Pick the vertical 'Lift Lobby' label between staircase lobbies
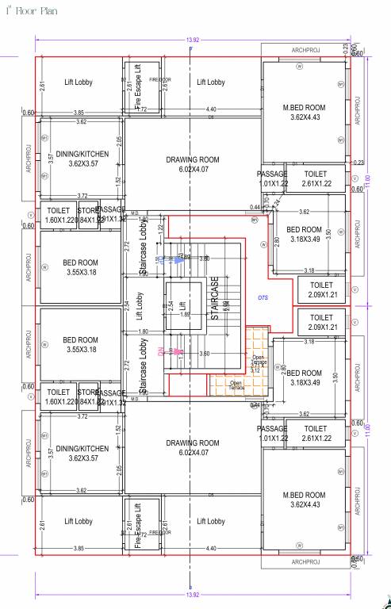(x=139, y=304)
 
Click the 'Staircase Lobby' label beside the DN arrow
(x=144, y=360)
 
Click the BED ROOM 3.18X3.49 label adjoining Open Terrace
(x=304, y=377)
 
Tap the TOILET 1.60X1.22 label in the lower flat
(x=59, y=396)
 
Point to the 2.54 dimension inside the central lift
(x=171, y=304)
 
